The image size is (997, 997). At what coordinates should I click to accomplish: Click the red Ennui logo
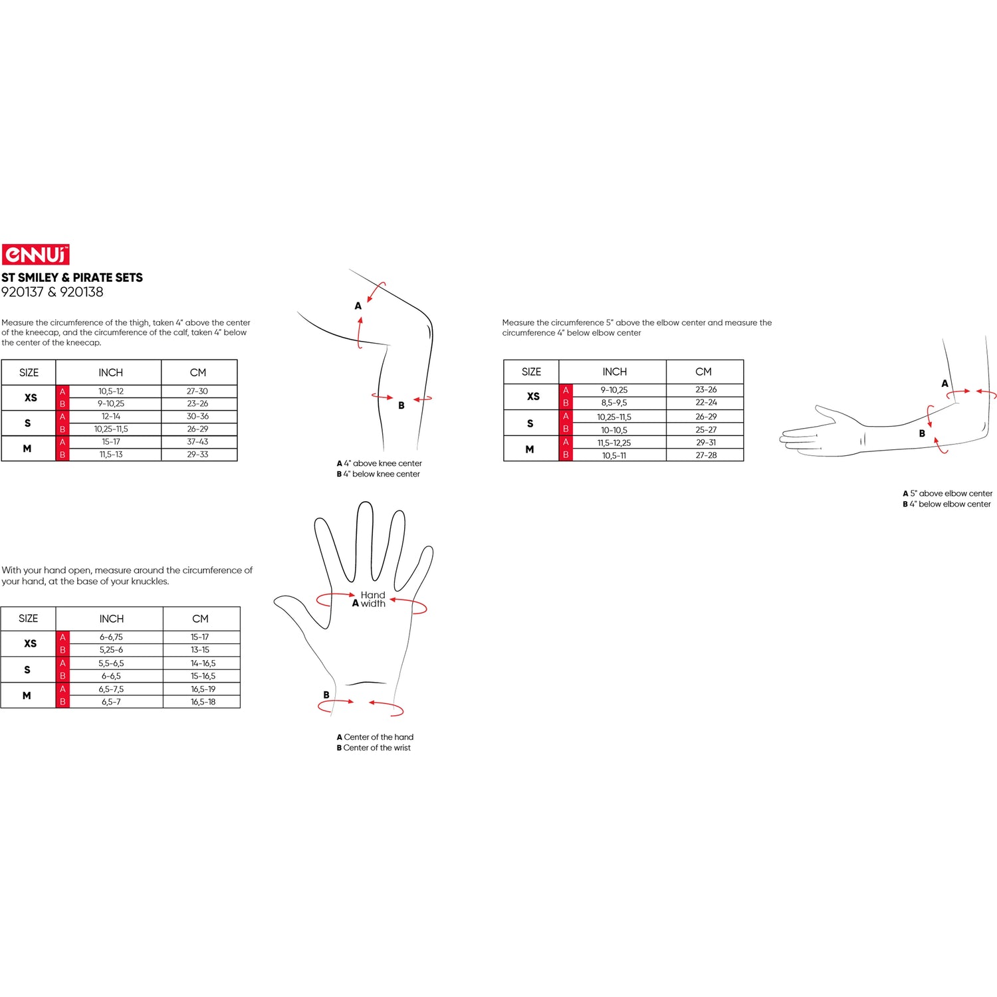coord(35,255)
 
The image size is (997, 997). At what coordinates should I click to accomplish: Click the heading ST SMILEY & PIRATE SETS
coord(72,278)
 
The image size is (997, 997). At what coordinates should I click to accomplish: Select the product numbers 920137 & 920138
coord(53,292)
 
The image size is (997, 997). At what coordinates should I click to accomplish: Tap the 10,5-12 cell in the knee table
coord(111,391)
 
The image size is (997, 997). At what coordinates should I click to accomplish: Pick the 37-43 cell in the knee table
coord(197,442)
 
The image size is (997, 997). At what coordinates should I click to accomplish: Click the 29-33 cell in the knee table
coord(197,455)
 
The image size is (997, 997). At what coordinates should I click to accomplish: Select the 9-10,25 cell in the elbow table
coord(614,390)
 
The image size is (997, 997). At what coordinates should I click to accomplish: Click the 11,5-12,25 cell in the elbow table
coord(614,443)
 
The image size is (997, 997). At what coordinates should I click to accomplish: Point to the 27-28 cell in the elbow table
coord(706,455)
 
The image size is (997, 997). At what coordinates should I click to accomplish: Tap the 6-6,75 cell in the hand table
coord(111,637)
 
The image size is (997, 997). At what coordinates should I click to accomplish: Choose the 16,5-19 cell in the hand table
coord(203,689)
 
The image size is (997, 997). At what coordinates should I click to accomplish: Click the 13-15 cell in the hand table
coord(200,650)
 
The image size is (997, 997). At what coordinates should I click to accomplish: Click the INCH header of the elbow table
coord(615,372)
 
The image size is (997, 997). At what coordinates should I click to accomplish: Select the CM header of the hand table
coord(200,619)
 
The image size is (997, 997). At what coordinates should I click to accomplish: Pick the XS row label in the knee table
coord(31,397)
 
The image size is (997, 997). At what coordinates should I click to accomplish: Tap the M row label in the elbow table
coord(530,449)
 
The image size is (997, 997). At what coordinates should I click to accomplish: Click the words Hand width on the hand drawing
coord(373,600)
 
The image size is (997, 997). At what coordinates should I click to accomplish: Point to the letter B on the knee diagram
coord(401,405)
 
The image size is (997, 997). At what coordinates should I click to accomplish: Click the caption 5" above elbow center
coord(951,493)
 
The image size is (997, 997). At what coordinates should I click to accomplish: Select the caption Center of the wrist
coord(377,748)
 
